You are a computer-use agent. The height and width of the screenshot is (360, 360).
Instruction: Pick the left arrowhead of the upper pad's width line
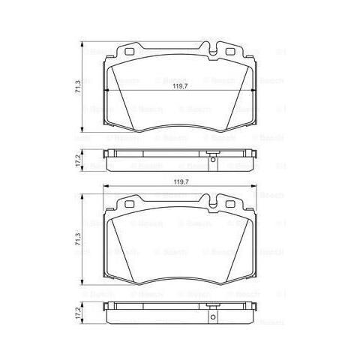[105, 90]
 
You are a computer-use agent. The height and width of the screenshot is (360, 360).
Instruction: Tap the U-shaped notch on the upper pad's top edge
[214, 52]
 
